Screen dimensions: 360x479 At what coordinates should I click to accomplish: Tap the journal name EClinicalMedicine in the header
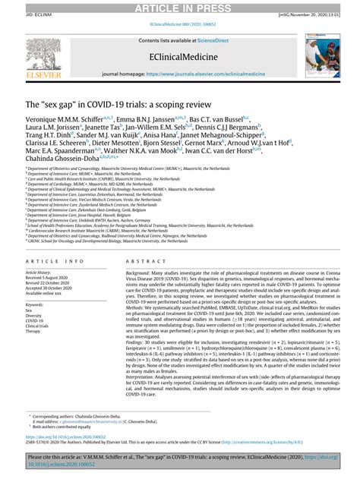click(x=180, y=55)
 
